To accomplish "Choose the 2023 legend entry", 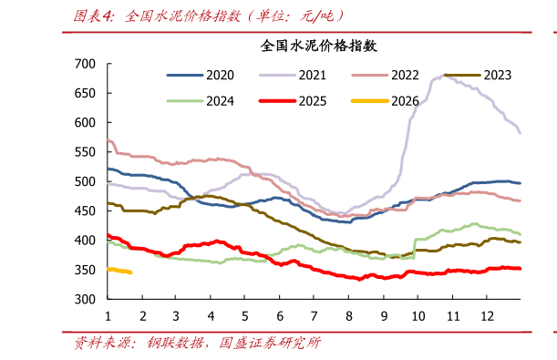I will point(496,75).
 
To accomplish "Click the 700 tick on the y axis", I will point(85,64).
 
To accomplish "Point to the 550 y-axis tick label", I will point(85,152).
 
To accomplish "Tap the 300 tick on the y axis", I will point(85,299).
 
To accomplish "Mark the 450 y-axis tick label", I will point(85,211).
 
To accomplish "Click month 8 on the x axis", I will point(348,315).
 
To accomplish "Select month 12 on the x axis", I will point(486,315).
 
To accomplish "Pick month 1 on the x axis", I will point(108,315).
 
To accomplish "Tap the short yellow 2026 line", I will point(119,271).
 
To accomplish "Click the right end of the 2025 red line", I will point(520,268).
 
